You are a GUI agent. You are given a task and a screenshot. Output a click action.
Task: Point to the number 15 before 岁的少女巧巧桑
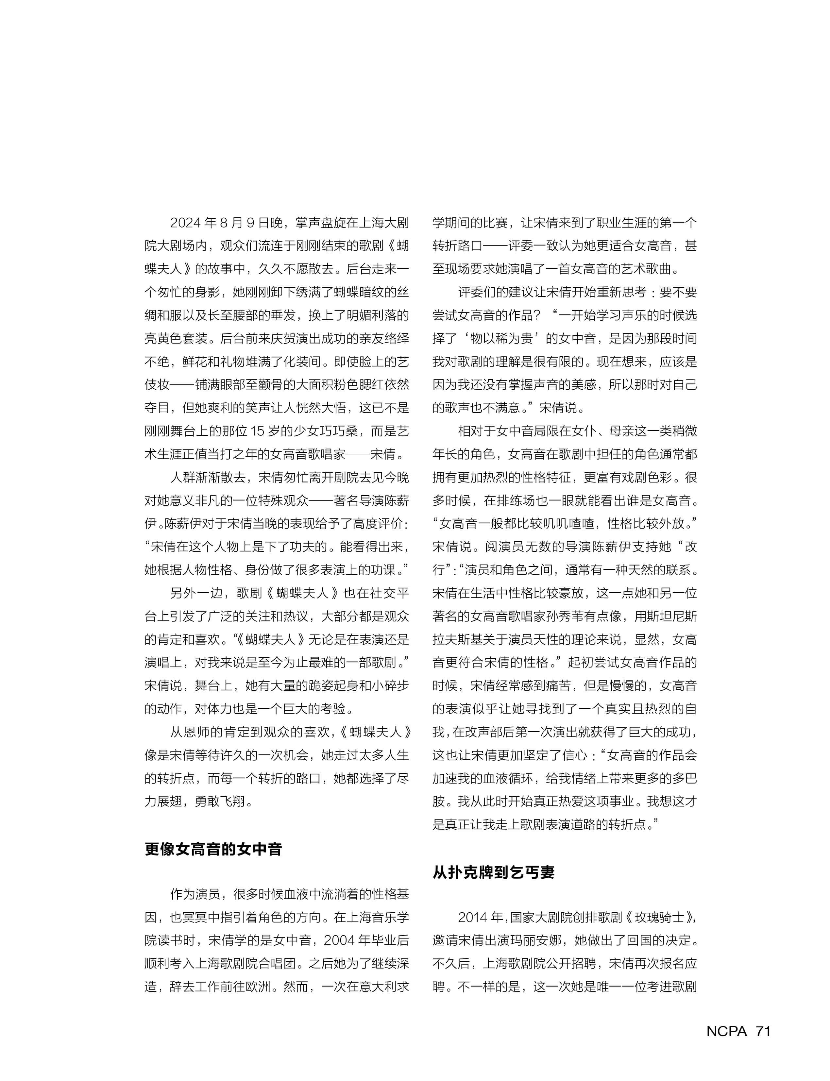[257, 431]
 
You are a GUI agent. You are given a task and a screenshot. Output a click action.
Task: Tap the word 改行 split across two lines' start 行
[438, 570]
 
